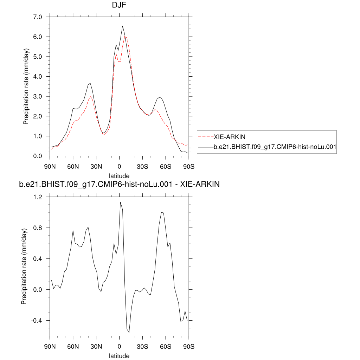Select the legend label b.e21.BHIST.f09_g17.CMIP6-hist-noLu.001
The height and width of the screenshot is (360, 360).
pos(275,149)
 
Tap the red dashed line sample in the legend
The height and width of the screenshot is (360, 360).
pos(206,136)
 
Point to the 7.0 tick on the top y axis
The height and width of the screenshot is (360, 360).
pos(37,17)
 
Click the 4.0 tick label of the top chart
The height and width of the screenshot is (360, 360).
pos(37,77)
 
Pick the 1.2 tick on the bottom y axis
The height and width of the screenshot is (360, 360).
pos(37,197)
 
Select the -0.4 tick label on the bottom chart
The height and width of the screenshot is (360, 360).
pos(37,321)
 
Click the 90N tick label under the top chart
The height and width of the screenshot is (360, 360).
pos(50,166)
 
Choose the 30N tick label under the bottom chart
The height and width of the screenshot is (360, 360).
pos(96,347)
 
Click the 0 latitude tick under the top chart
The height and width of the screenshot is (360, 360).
pos(120,166)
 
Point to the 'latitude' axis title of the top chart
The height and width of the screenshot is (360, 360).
pos(119,175)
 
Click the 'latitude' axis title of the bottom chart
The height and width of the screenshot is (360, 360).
pos(119,356)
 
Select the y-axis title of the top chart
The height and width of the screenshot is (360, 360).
pos(26,86)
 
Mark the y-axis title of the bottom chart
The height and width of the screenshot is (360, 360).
pos(24,266)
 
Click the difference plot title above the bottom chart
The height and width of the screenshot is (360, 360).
pos(119,184)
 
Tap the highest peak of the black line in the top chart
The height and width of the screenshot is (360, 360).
pos(123,26)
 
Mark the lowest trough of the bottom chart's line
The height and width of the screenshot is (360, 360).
pos(129,332)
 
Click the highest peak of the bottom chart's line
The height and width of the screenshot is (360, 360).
pos(120,202)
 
